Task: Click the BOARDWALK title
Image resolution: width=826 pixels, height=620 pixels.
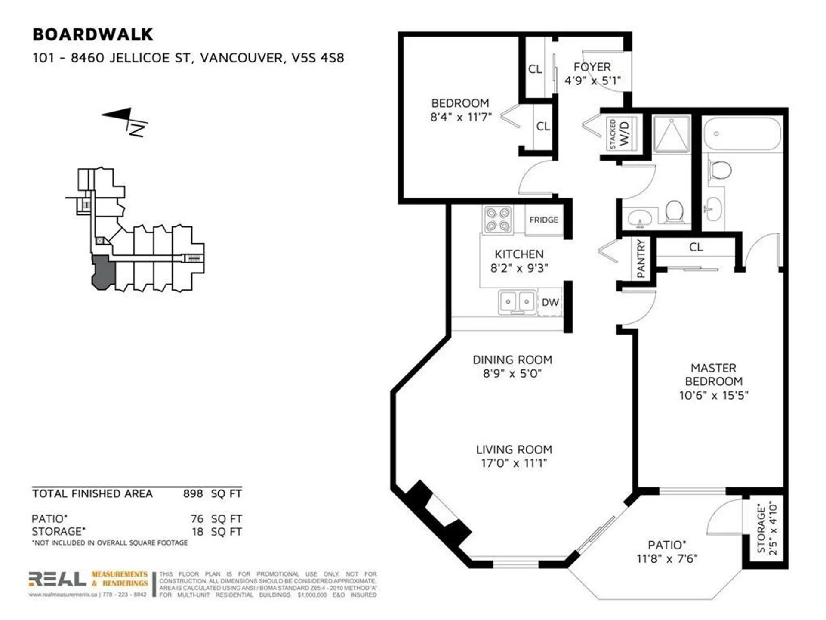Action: pyautogui.click(x=92, y=34)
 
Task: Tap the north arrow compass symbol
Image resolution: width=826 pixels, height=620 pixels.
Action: pyautogui.click(x=125, y=121)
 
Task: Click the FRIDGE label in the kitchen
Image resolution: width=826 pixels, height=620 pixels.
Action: pyautogui.click(x=544, y=220)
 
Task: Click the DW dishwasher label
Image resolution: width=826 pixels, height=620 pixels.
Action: pyautogui.click(x=550, y=302)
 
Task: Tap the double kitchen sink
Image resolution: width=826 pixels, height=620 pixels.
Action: pyautogui.click(x=518, y=301)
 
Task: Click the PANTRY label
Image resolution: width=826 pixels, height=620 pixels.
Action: pyautogui.click(x=641, y=259)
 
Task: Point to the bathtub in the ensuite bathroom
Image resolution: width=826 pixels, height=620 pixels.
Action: pyautogui.click(x=742, y=133)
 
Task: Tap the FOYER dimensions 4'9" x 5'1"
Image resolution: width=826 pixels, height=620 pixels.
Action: pyautogui.click(x=592, y=81)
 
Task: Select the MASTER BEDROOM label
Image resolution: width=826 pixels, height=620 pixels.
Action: pyautogui.click(x=713, y=375)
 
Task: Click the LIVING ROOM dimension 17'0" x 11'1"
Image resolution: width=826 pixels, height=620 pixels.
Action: pyautogui.click(x=514, y=463)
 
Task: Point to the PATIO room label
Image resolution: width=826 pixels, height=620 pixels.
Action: pyautogui.click(x=666, y=545)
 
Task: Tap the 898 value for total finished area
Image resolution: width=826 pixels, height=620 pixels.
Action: pyautogui.click(x=193, y=494)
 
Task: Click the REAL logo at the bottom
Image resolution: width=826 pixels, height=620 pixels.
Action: pyautogui.click(x=58, y=579)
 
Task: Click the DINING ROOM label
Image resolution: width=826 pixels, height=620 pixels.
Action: pyautogui.click(x=512, y=360)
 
